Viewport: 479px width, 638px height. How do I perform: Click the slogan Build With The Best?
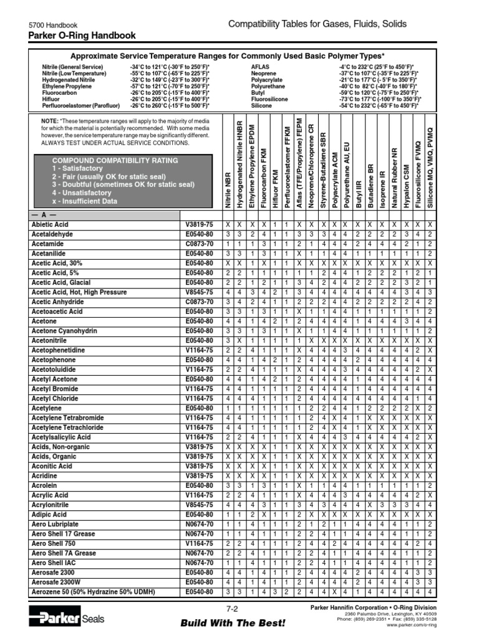pyautogui.click(x=233, y=623)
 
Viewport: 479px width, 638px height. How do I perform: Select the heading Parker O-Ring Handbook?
pyautogui.click(x=82, y=36)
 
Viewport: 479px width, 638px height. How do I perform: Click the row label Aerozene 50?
pyautogui.click(x=93, y=592)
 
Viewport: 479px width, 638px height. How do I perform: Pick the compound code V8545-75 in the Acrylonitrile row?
pyautogui.click(x=199, y=505)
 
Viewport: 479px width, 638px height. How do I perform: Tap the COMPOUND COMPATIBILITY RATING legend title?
pyautogui.click(x=115, y=160)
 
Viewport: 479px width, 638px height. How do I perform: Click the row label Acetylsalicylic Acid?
pyautogui.click(x=61, y=437)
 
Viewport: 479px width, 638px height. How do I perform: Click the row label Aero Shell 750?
pyautogui.click(x=54, y=544)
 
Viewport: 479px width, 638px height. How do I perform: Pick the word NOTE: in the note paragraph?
pyautogui.click(x=50, y=120)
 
